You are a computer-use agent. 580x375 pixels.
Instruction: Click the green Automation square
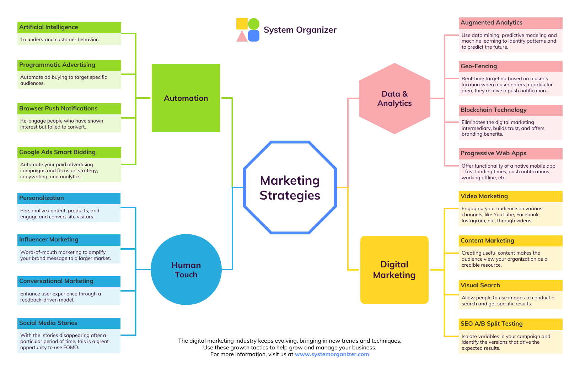[x=186, y=98]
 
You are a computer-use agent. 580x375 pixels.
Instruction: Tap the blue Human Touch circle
[x=186, y=270]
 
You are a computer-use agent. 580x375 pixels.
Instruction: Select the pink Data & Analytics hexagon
[x=394, y=98]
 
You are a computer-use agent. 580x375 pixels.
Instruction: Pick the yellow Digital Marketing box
[x=394, y=270]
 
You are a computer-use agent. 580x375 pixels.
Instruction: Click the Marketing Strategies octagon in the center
[x=290, y=187]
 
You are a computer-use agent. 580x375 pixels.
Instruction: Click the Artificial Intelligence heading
[x=49, y=27]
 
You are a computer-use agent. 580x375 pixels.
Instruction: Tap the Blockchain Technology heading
[x=493, y=110]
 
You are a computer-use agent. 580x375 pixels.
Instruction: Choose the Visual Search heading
[x=480, y=286]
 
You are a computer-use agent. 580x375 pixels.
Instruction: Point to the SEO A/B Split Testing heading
[x=492, y=324]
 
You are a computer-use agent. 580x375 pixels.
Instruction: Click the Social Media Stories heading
[x=48, y=323]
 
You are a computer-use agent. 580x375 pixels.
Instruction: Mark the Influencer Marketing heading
[x=49, y=240]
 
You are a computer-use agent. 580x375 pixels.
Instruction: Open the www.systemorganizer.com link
[x=332, y=354]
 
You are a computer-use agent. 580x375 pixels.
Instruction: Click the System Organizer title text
[x=300, y=30]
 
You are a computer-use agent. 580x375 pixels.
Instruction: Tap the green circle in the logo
[x=253, y=24]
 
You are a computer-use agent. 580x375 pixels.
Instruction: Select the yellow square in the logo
[x=242, y=24]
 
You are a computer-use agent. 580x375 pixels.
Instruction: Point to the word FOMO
[x=71, y=348]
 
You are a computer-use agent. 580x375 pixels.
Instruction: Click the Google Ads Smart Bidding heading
[x=57, y=152]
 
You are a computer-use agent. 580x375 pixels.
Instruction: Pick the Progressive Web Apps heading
[x=493, y=153]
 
